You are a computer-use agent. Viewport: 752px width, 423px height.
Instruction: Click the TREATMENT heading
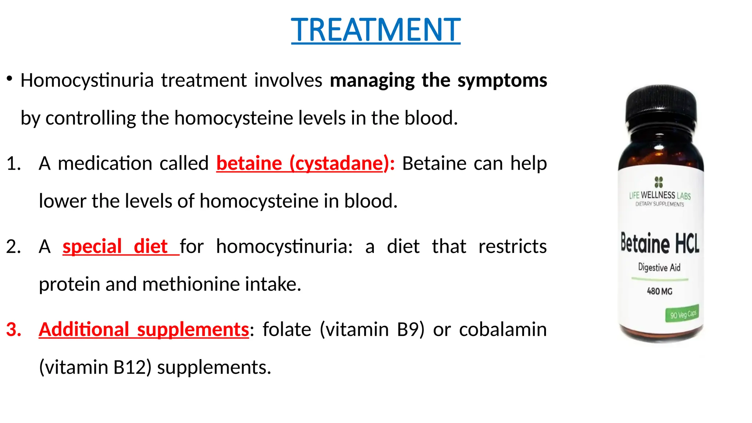pyautogui.click(x=376, y=30)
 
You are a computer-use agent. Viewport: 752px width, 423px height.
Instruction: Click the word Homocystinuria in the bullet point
pyautogui.click(x=87, y=80)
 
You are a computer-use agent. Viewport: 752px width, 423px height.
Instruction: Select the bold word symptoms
pyautogui.click(x=502, y=80)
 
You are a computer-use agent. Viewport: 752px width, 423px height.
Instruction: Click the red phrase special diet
pyautogui.click(x=115, y=246)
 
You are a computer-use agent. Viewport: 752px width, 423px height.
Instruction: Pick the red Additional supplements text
pyautogui.click(x=144, y=329)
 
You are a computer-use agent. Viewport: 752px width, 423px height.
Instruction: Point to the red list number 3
pyautogui.click(x=14, y=329)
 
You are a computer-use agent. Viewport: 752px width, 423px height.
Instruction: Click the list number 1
pyautogui.click(x=14, y=163)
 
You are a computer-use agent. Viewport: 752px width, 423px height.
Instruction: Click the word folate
pyautogui.click(x=287, y=329)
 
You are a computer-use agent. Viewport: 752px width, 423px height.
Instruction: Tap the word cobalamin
pyautogui.click(x=503, y=329)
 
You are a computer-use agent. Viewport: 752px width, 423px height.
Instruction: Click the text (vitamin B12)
pyautogui.click(x=95, y=367)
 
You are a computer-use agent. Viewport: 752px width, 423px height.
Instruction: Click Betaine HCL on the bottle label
pyautogui.click(x=660, y=243)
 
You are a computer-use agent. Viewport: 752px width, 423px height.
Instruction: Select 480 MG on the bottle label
pyautogui.click(x=659, y=291)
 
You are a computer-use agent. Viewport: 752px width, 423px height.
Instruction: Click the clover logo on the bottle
pyautogui.click(x=659, y=182)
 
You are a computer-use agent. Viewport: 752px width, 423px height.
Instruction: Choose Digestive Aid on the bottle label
pyautogui.click(x=659, y=267)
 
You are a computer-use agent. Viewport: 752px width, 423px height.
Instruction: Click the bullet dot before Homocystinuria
pyautogui.click(x=10, y=78)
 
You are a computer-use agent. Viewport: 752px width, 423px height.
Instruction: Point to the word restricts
pyautogui.click(x=513, y=246)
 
